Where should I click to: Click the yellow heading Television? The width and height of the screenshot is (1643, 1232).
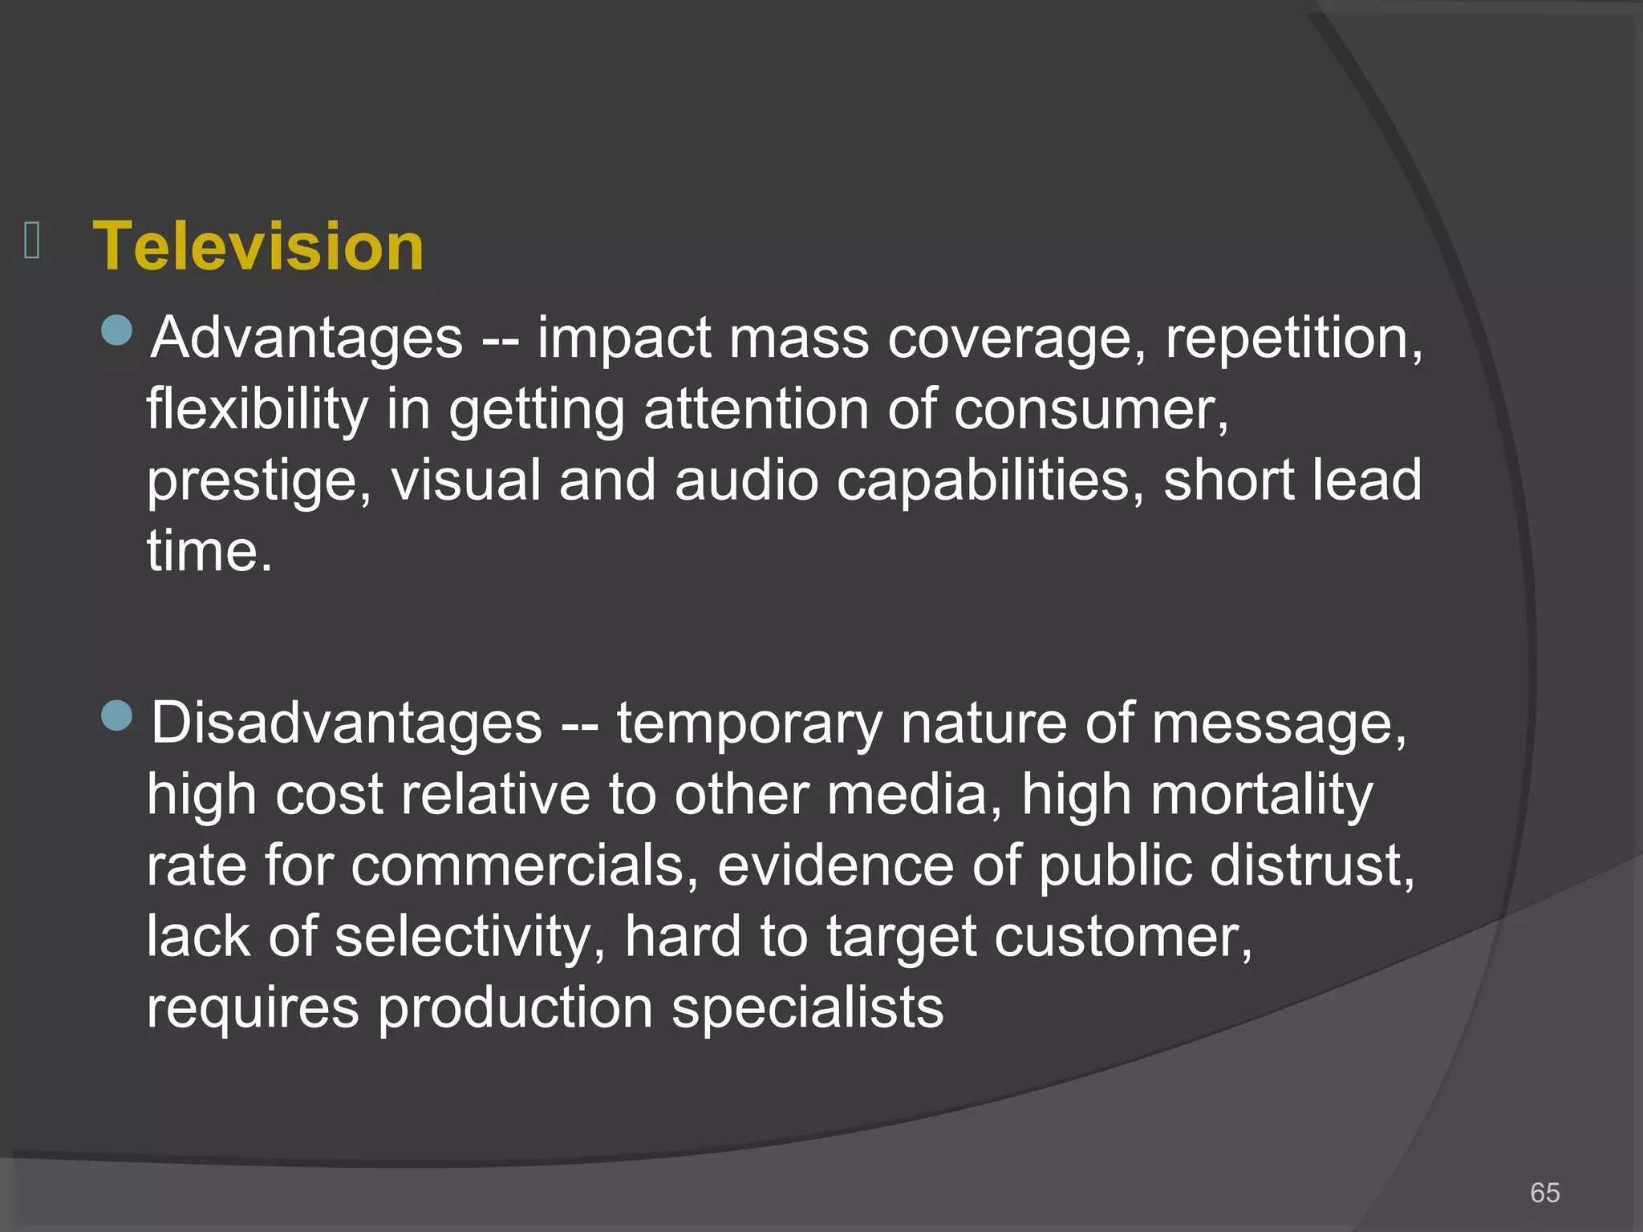(258, 246)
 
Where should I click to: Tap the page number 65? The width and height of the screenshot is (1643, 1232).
(1544, 1193)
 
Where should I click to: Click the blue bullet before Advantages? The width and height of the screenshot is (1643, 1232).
(117, 330)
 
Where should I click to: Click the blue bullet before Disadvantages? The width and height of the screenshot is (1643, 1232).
(117, 715)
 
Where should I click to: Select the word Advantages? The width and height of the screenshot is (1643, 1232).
(307, 338)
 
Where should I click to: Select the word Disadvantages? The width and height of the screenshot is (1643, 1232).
(347, 723)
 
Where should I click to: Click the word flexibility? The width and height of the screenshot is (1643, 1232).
(257, 409)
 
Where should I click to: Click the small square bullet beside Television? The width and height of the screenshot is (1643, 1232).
(32, 241)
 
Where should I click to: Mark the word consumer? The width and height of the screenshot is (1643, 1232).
(1091, 409)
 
